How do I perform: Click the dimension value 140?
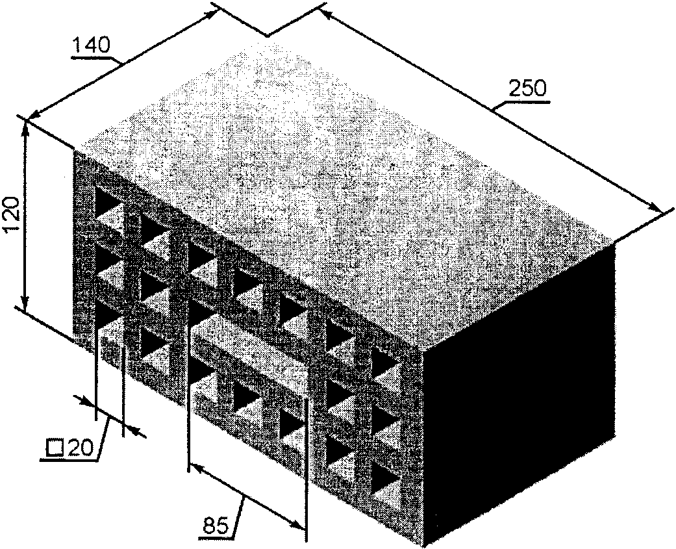click(92, 45)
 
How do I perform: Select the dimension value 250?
click(527, 88)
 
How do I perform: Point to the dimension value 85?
click(215, 526)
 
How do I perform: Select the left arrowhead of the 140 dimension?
click(35, 114)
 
